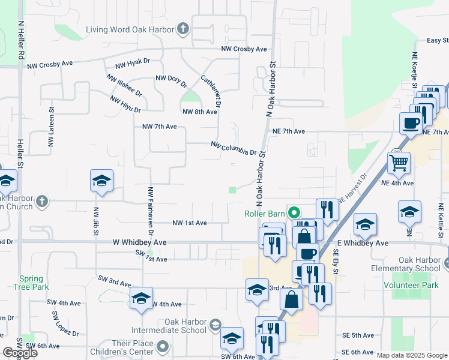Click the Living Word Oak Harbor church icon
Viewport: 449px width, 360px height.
(x=182, y=29)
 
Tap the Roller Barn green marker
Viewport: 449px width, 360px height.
(x=294, y=212)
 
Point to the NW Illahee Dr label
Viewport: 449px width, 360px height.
(x=124, y=86)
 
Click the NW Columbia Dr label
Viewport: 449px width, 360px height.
(x=234, y=148)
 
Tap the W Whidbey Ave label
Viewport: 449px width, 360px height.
(x=139, y=242)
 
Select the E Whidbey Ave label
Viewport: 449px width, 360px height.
(x=363, y=243)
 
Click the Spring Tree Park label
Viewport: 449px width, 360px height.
(x=31, y=283)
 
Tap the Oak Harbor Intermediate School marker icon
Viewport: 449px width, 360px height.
(x=215, y=326)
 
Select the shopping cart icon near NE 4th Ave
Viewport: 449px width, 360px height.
(x=399, y=161)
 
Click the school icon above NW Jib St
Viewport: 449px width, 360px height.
(x=102, y=179)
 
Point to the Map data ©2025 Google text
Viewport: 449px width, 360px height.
(x=412, y=355)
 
